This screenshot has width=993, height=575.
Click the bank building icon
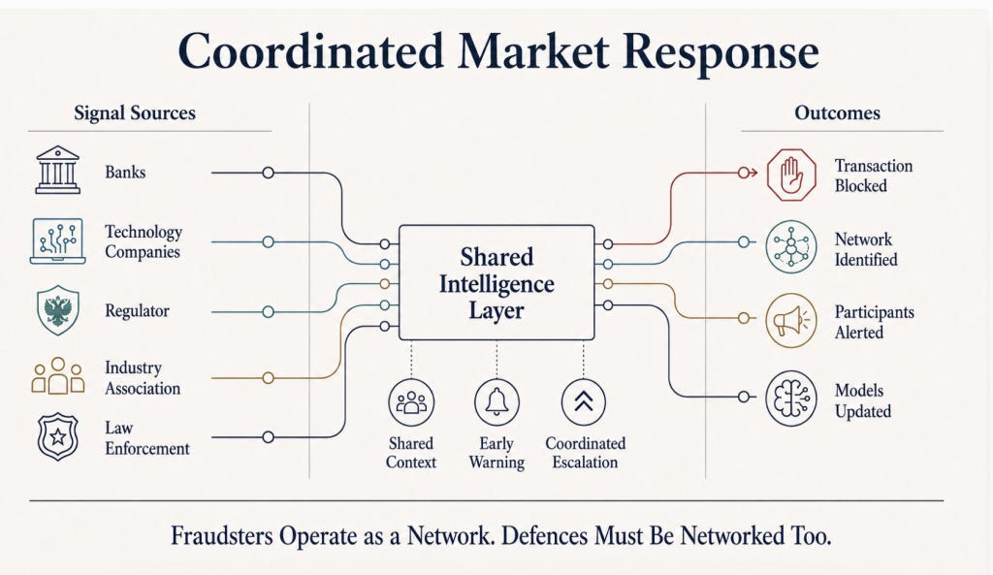coord(57,170)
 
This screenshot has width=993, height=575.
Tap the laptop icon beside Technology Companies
coord(57,240)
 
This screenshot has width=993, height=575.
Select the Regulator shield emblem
coord(58,309)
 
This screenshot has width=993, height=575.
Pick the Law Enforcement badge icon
coord(58,436)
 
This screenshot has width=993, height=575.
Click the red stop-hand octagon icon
coord(791,175)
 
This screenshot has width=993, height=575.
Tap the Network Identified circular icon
coord(791,247)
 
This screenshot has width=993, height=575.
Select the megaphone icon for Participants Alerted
coord(791,320)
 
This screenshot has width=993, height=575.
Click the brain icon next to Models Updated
coord(791,399)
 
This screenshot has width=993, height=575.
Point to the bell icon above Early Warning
coord(496,402)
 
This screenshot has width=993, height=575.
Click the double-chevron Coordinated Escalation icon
coord(583,402)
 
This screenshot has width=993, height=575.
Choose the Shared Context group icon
coord(411,402)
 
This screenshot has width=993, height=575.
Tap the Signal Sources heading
coord(135,112)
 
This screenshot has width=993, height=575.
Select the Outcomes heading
coord(837,112)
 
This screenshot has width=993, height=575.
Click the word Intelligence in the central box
coord(496,284)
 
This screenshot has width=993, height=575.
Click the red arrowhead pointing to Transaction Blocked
coord(753,173)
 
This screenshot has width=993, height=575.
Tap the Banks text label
coord(125,173)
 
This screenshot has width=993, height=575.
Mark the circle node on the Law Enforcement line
coord(268,437)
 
